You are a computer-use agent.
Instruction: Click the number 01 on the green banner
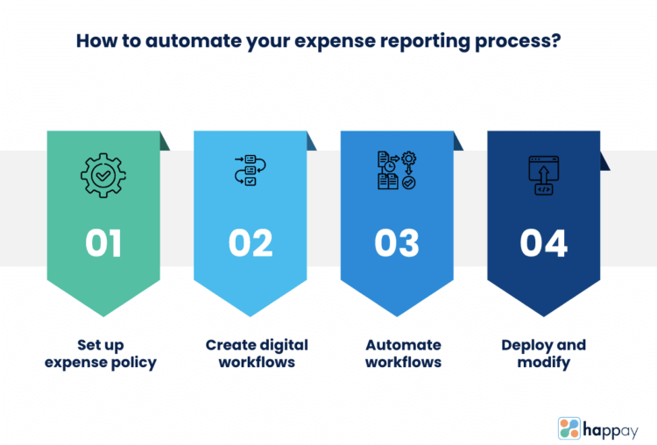point(103,243)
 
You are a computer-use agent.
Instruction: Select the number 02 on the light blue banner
point(251,243)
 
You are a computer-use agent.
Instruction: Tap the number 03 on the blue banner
point(397,243)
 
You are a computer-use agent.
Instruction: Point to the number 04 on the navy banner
point(543,243)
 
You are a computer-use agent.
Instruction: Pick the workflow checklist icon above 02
point(251,173)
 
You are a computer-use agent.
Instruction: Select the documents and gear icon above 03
point(397,173)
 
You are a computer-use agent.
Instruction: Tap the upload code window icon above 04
point(543,174)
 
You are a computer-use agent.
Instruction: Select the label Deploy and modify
point(543,354)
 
